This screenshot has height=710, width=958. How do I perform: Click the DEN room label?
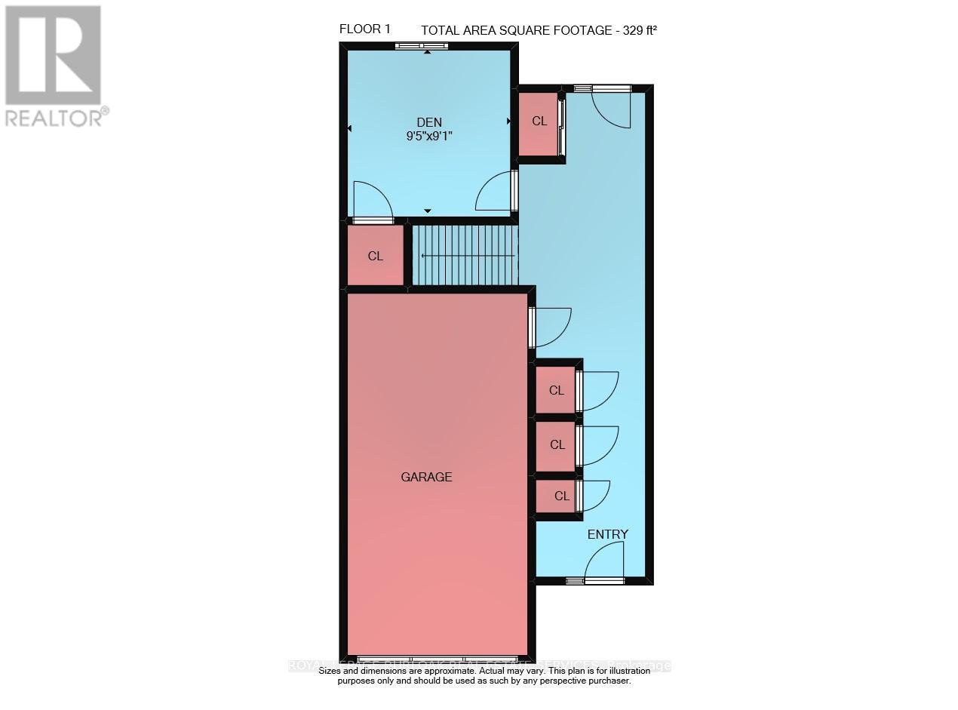pyautogui.click(x=429, y=122)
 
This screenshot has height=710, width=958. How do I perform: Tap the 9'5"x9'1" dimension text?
pyautogui.click(x=429, y=137)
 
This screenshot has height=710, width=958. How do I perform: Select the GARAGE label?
pyautogui.click(x=426, y=477)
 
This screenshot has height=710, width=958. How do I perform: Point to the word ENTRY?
pyautogui.click(x=607, y=534)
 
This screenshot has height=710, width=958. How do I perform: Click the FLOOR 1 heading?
pyautogui.click(x=365, y=29)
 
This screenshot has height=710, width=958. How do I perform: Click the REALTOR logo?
pyautogui.click(x=54, y=65)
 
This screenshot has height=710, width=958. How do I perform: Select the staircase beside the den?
pyautogui.click(x=465, y=256)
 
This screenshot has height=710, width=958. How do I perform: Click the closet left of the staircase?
pyautogui.click(x=376, y=256)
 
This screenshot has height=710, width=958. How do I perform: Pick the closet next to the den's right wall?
pyautogui.click(x=539, y=121)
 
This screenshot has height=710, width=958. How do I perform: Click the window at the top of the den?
pyautogui.click(x=422, y=46)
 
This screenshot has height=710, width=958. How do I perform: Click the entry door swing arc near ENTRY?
pyautogui.click(x=605, y=561)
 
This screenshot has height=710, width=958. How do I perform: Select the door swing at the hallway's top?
pyautogui.click(x=611, y=108)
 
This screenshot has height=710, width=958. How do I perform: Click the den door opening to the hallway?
pyautogui.click(x=496, y=191)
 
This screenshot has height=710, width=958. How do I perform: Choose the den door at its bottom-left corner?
pyautogui.click(x=372, y=200)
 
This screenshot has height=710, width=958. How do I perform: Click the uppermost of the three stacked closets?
pyautogui.click(x=557, y=390)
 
